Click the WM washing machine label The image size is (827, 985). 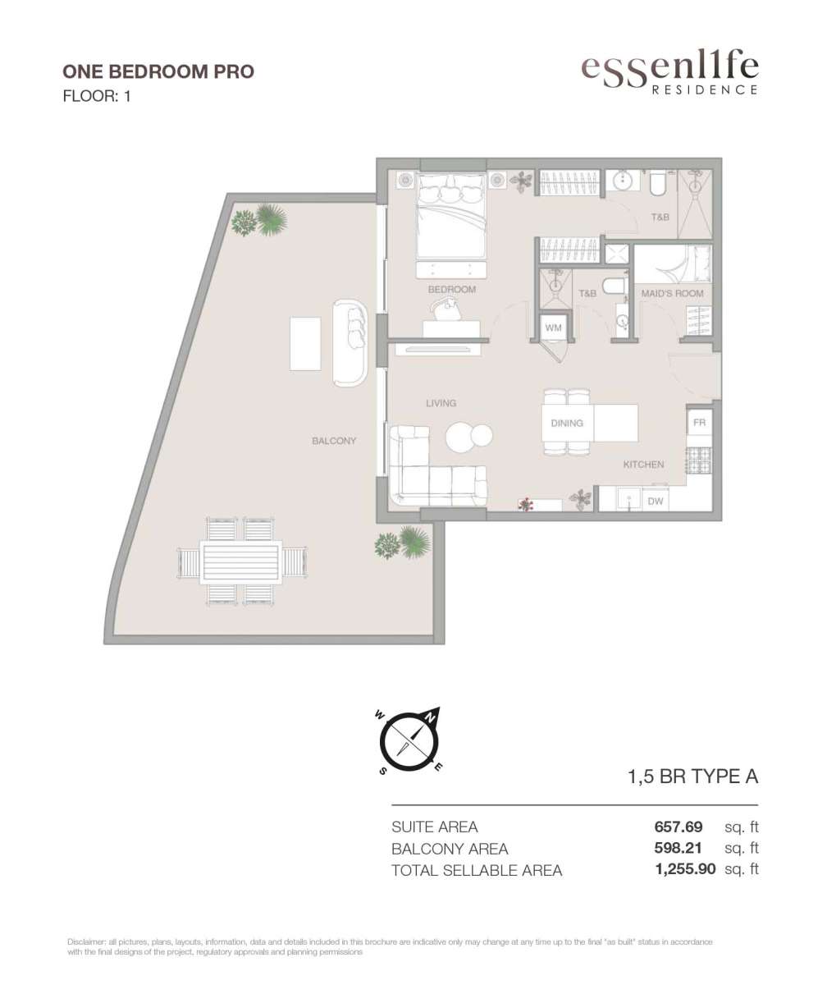(553, 328)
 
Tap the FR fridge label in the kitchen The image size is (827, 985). (699, 422)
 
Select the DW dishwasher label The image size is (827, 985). (656, 501)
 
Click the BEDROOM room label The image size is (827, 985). (452, 289)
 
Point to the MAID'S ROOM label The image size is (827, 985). (672, 293)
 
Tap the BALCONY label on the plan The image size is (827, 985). (334, 441)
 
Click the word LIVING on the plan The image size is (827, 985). (441, 403)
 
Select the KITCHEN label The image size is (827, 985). (643, 465)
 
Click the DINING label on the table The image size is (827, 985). (567, 424)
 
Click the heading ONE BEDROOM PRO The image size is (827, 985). (158, 71)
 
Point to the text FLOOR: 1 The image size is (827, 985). (97, 96)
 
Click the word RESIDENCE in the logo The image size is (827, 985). (705, 89)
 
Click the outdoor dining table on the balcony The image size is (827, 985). (241, 562)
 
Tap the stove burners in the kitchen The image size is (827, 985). (698, 460)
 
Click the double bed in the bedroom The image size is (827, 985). (451, 216)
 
